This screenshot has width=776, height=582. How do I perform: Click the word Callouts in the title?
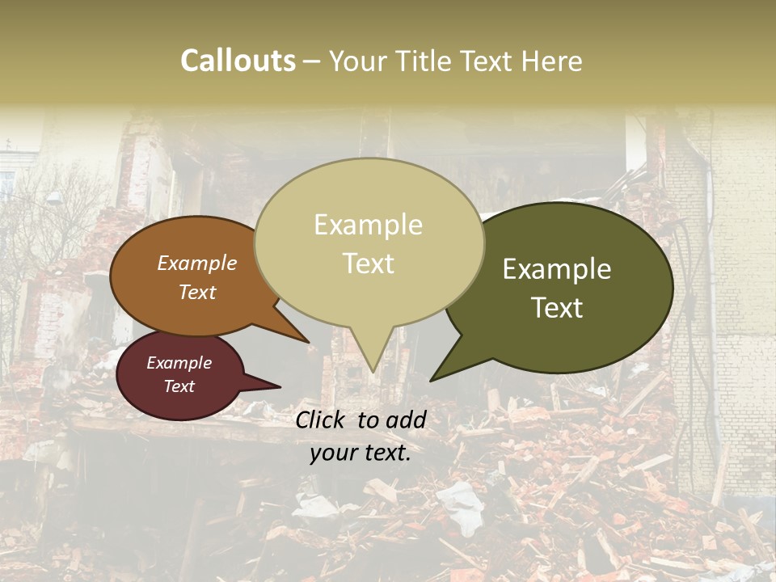click(x=238, y=61)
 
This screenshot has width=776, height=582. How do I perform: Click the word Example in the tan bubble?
click(x=368, y=225)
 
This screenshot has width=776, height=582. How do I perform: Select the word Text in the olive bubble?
click(x=558, y=307)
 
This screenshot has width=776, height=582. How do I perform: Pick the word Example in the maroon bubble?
click(x=179, y=363)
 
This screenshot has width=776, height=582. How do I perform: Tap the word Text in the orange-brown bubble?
click(x=196, y=292)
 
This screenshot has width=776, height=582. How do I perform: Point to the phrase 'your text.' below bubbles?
click(x=360, y=453)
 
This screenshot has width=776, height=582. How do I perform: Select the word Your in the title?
click(x=361, y=61)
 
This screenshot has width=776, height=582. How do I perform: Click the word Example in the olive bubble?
click(x=557, y=269)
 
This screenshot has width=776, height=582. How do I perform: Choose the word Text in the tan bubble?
click(x=369, y=263)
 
